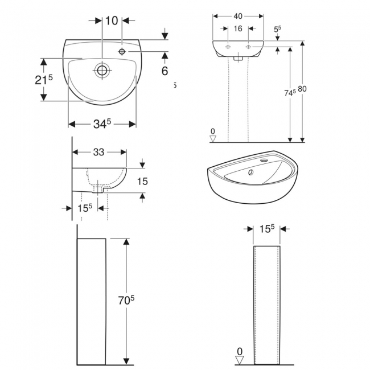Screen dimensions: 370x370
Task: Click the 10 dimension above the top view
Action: click(112, 21)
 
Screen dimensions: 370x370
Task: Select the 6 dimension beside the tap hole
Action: click(165, 71)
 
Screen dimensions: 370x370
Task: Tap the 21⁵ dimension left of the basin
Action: click(43, 80)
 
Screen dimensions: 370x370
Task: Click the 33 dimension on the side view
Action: click(98, 152)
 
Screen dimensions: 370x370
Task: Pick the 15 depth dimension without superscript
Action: click(142, 181)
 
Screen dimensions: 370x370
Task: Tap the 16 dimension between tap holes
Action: click(238, 28)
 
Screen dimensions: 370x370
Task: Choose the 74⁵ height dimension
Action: click(290, 92)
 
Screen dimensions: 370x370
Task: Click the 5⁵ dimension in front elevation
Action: click(277, 28)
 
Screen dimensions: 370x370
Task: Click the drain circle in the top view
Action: click(102, 71)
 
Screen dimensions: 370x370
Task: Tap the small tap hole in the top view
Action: click(122, 52)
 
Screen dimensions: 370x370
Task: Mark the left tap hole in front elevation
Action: click(228, 47)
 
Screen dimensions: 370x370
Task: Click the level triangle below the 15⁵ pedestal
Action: click(240, 359)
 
